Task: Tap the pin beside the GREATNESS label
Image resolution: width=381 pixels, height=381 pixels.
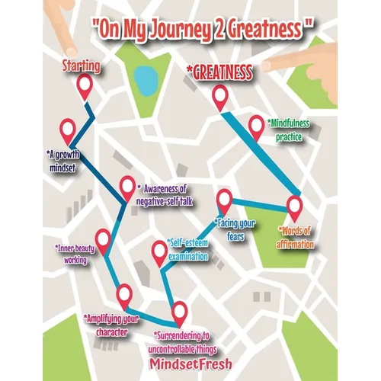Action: click(219, 96)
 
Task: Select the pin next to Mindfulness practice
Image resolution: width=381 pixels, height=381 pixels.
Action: click(257, 126)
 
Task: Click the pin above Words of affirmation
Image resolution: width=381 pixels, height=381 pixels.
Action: click(294, 206)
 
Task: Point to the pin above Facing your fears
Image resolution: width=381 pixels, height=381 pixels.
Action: click(224, 200)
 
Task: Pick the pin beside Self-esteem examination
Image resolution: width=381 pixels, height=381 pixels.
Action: click(159, 250)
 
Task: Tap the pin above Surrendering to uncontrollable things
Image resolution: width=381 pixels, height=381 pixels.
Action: click(180, 311)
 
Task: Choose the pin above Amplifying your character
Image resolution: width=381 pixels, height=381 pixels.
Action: click(123, 293)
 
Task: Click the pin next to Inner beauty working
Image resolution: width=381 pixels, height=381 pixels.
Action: click(103, 239)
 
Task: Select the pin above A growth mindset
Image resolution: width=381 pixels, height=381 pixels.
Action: click(68, 130)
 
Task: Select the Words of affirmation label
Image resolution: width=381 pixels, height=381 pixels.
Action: click(296, 237)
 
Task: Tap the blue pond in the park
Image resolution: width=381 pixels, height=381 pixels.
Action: click(142, 78)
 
